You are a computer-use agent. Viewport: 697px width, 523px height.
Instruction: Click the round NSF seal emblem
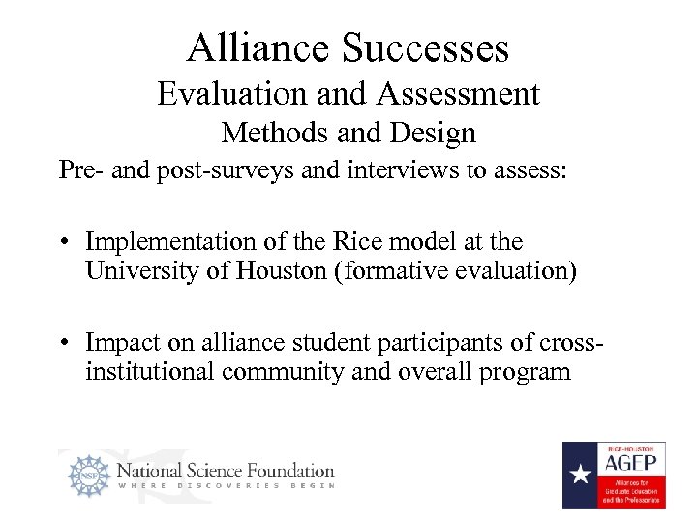[x=88, y=477]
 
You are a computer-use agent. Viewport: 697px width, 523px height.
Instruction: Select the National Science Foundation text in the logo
[x=226, y=471]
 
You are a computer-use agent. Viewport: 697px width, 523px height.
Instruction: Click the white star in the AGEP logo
[x=580, y=476]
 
